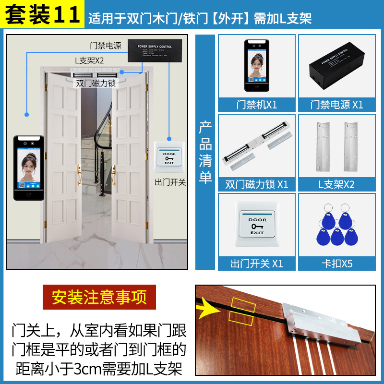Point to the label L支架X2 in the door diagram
point(89,61)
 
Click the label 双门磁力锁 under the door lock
point(96,83)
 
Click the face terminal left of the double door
point(29,168)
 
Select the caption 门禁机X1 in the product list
point(257,104)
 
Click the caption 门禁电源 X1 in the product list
point(336,104)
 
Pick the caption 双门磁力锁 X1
point(257,184)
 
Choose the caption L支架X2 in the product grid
point(336,184)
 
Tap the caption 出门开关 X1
point(257,264)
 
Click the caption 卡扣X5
point(336,264)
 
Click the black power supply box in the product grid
point(336,67)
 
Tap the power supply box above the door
point(154,50)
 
